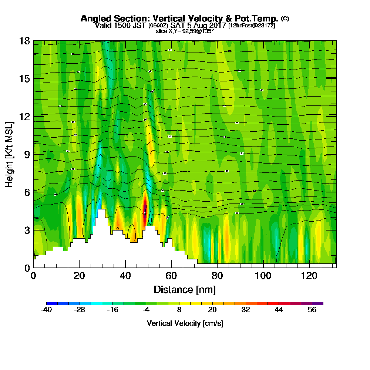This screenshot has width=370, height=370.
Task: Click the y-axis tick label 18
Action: pyautogui.click(x=24, y=41)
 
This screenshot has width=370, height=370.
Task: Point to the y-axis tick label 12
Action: pyautogui.click(x=24, y=116)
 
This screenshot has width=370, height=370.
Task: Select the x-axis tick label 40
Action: pyautogui.click(x=125, y=276)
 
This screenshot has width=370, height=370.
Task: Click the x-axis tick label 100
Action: pyautogui.click(x=263, y=276)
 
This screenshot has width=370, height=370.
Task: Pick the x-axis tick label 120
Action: pyautogui.click(x=309, y=276)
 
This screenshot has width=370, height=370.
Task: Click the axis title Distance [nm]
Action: pyautogui.click(x=185, y=289)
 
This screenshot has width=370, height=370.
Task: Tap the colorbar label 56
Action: pyautogui.click(x=312, y=310)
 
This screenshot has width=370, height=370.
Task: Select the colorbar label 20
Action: pyautogui.click(x=212, y=310)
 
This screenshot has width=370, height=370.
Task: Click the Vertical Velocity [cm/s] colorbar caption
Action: pyautogui.click(x=185, y=323)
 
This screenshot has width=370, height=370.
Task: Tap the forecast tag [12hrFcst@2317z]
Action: pyautogui.click(x=252, y=26)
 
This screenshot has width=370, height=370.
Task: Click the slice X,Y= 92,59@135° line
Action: pyautogui.click(x=185, y=31)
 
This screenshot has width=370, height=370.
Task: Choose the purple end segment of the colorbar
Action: pyautogui.click(x=320, y=303)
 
